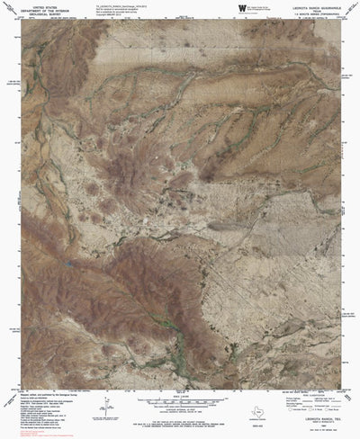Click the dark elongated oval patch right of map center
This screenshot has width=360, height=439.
pyautogui.click(x=220, y=227)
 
